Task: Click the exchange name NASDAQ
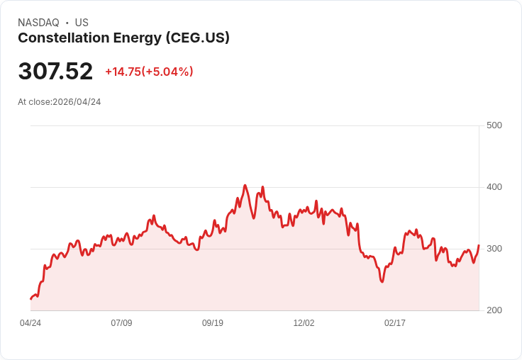[x=38, y=23]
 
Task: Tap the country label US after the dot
[x=82, y=23]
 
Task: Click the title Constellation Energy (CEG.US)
[x=123, y=38]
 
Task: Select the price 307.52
[x=55, y=72]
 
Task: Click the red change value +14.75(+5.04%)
[x=149, y=72]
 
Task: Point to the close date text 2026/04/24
[x=77, y=102]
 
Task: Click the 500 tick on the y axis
[x=494, y=125]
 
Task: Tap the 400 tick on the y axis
[x=494, y=187]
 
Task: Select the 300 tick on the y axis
[x=494, y=249]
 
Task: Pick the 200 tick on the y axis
[x=494, y=310]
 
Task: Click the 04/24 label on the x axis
[x=30, y=323]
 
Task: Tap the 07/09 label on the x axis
[x=121, y=323]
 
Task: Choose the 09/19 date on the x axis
[x=213, y=323]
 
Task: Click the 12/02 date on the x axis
[x=304, y=323]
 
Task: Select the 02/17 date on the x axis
[x=395, y=323]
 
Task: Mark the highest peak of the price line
[x=245, y=186]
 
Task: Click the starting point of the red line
[x=30, y=299]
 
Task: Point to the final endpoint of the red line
[x=479, y=245]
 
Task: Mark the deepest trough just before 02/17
[x=382, y=282]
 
